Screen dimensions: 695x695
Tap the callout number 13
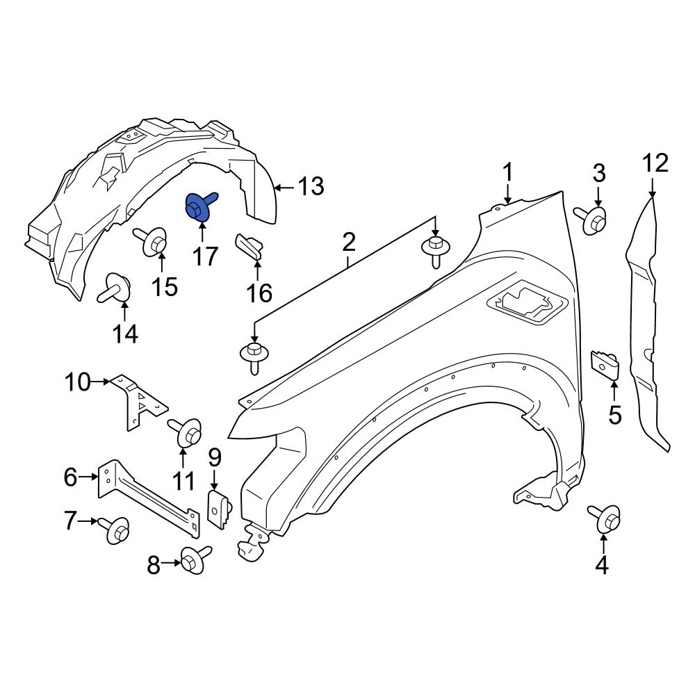(x=311, y=186)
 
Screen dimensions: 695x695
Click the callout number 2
(x=348, y=242)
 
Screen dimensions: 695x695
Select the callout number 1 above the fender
(x=508, y=172)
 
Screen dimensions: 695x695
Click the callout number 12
(x=655, y=163)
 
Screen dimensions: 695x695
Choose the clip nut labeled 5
(x=605, y=364)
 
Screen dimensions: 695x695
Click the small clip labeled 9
(x=220, y=507)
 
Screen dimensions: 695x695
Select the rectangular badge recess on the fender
(x=528, y=304)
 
